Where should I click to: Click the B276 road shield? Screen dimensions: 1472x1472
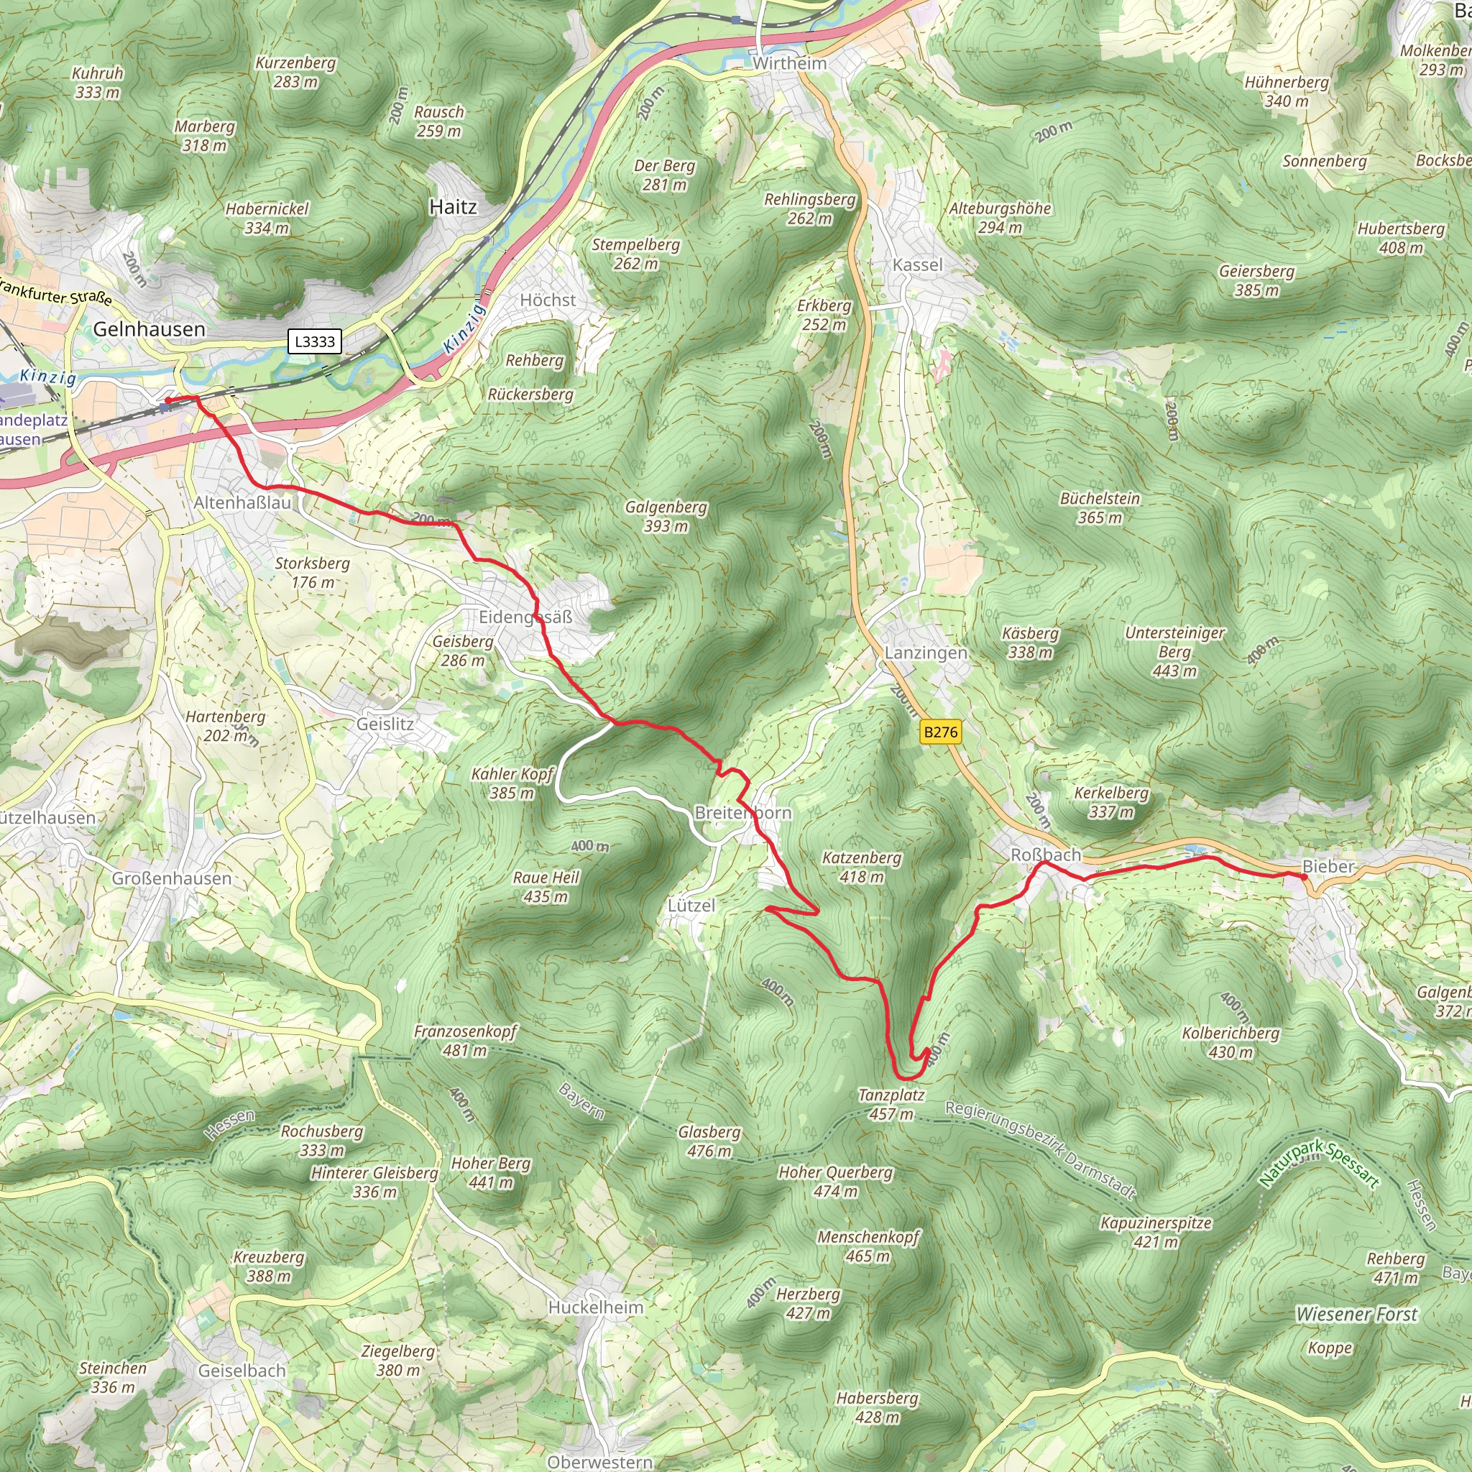[x=940, y=732]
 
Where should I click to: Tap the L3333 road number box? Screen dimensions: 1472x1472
[x=315, y=341]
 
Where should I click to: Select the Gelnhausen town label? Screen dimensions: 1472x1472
[x=149, y=329]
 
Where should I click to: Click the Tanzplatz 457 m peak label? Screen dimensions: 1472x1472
[x=891, y=1104]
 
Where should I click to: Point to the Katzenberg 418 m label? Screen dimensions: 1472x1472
[x=862, y=867]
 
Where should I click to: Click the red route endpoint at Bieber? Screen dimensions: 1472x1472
[x=1304, y=877]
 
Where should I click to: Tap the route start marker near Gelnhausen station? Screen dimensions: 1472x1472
[x=167, y=400]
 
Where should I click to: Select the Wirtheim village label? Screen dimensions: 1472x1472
[x=789, y=63]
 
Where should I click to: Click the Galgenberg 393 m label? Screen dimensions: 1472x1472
[x=666, y=516]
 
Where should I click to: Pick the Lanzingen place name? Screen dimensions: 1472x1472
[x=926, y=653]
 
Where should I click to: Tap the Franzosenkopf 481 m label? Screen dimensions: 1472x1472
[x=465, y=1041]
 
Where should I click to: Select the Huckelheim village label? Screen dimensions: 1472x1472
[x=596, y=1307]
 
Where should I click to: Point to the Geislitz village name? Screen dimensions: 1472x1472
[x=385, y=724]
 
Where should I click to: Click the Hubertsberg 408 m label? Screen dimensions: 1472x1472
[x=1400, y=238]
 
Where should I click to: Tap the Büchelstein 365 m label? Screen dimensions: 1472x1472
[x=1100, y=507]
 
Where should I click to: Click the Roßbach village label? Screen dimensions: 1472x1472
[x=1045, y=855]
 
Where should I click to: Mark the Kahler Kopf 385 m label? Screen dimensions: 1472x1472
[x=512, y=783]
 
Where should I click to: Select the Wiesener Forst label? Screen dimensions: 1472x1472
[x=1356, y=1315]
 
